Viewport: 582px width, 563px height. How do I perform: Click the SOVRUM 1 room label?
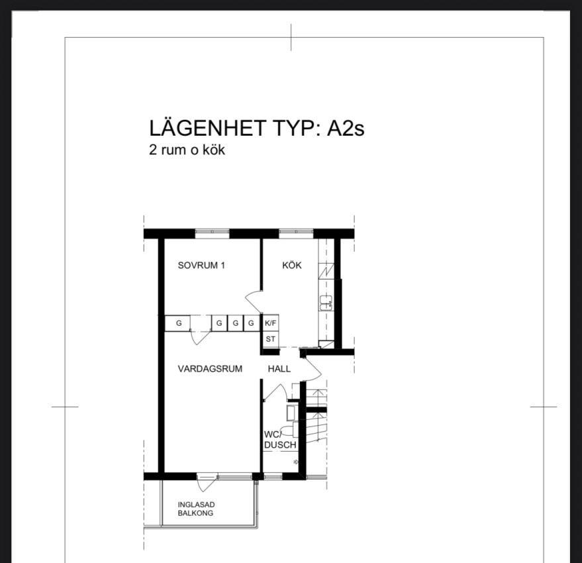tap(201, 265)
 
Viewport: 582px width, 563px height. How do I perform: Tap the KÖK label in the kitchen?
tap(292, 265)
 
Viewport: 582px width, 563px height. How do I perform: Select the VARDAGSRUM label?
tap(210, 369)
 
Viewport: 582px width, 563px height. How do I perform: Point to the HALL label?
tap(279, 369)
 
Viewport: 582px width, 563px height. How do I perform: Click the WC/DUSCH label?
tap(280, 440)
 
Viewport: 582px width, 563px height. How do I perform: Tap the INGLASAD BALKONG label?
tap(196, 509)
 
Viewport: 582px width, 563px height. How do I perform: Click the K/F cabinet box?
tap(271, 323)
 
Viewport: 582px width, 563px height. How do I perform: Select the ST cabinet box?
tap(271, 339)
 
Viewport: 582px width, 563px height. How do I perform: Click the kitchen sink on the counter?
tap(326, 303)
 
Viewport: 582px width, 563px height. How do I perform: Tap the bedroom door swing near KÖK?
tap(254, 301)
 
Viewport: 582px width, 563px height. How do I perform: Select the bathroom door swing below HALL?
tap(275, 393)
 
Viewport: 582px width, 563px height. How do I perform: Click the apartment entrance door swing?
tap(311, 368)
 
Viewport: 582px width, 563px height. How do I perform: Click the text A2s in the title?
tap(345, 128)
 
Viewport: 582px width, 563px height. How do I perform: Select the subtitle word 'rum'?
tap(173, 150)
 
